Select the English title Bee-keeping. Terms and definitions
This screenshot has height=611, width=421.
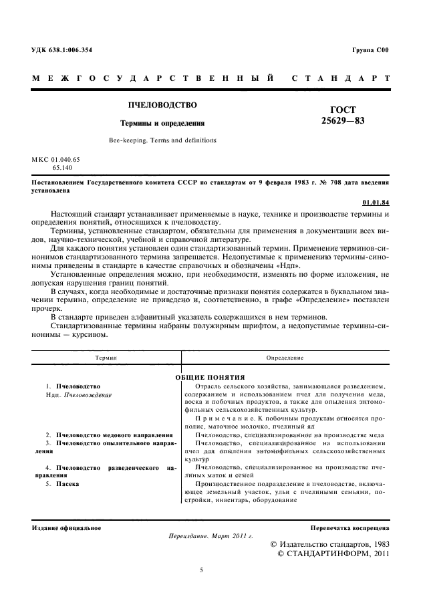point(162,140)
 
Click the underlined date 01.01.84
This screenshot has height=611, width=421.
point(376,201)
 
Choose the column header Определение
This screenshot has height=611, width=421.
point(285,358)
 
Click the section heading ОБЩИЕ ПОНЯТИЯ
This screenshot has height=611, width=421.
point(210,377)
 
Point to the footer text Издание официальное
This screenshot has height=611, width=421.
point(67,527)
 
